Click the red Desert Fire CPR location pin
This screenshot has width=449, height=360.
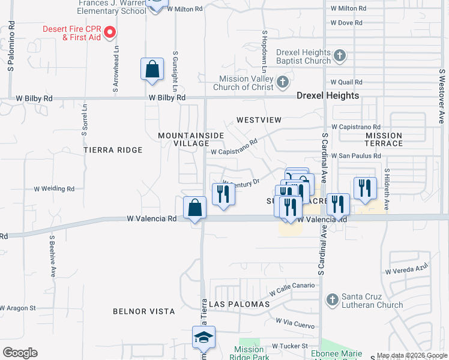point(110,32)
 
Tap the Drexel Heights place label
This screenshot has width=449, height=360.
point(328,95)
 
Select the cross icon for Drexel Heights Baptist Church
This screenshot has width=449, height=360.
point(340,56)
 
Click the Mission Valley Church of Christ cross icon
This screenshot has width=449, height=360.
point(283,81)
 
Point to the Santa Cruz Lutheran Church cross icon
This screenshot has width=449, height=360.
point(333,299)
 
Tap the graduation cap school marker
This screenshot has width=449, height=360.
point(203,338)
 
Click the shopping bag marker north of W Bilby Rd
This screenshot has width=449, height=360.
point(152,69)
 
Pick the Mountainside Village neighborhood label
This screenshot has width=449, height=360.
point(191,139)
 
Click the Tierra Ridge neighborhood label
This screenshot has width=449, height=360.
point(113,150)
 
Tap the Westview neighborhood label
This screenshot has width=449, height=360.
point(259,120)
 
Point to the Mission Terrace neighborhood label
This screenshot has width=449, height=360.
point(384,139)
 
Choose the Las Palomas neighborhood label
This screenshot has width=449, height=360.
point(240,304)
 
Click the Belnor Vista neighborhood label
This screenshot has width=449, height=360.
point(144,311)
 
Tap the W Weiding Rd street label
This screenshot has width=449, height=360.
point(54,188)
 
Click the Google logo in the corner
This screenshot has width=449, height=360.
point(20,353)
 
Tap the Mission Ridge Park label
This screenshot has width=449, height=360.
point(249,353)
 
